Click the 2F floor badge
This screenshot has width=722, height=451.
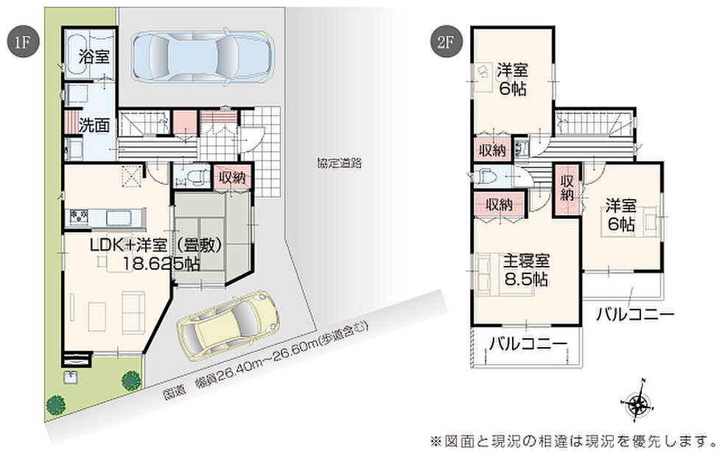click(x=446, y=41)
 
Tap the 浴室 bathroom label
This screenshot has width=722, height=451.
click(x=94, y=57)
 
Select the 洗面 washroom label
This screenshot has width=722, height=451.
click(x=94, y=125)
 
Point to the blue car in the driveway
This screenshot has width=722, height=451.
click(x=202, y=57)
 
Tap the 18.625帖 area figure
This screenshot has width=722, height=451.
click(x=161, y=264)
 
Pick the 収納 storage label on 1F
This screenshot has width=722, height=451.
click(x=233, y=177)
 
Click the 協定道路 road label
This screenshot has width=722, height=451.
click(x=340, y=163)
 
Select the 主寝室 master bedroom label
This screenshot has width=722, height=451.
click(x=525, y=261)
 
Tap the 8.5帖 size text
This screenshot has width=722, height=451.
click(x=525, y=279)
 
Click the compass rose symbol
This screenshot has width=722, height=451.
click(x=638, y=404)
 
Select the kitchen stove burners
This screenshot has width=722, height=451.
click(x=80, y=217)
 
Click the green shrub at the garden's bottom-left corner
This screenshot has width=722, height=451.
click(x=55, y=405)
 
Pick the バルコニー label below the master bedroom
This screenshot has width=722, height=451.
click(x=528, y=344)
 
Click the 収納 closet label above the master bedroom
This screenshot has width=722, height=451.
click(x=500, y=203)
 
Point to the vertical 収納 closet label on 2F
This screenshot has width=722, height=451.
click(x=567, y=188)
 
